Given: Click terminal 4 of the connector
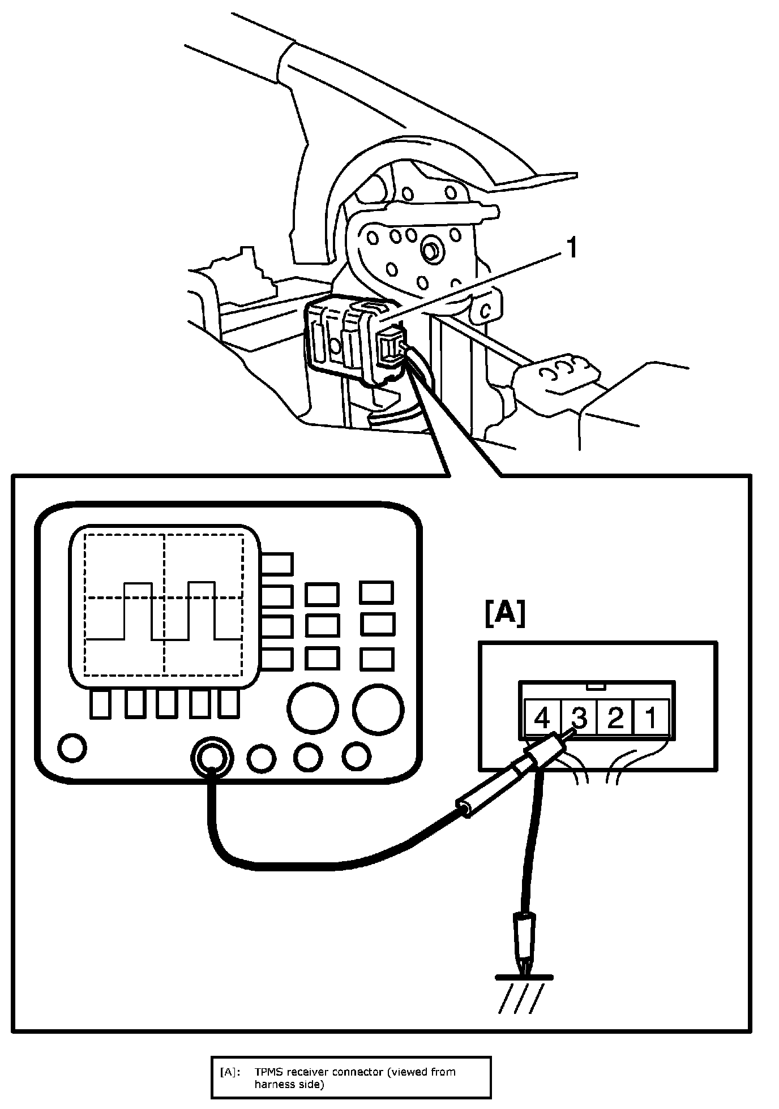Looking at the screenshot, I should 542,718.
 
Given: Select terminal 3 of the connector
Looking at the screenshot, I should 579,718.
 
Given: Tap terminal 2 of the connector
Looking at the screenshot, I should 615,718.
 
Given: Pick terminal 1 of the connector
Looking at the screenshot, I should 651,718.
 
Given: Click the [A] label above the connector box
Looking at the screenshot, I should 505,614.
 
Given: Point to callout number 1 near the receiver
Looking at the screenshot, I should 572,248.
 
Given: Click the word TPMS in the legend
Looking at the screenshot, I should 268,1072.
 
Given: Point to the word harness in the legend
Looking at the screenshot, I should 273,1084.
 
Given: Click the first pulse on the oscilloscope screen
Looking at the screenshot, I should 138,611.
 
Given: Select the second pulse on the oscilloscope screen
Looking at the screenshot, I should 202,611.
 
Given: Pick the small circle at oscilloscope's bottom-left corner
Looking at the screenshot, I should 72,747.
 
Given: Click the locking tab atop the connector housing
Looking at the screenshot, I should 597,686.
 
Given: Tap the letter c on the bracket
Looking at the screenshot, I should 485,311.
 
